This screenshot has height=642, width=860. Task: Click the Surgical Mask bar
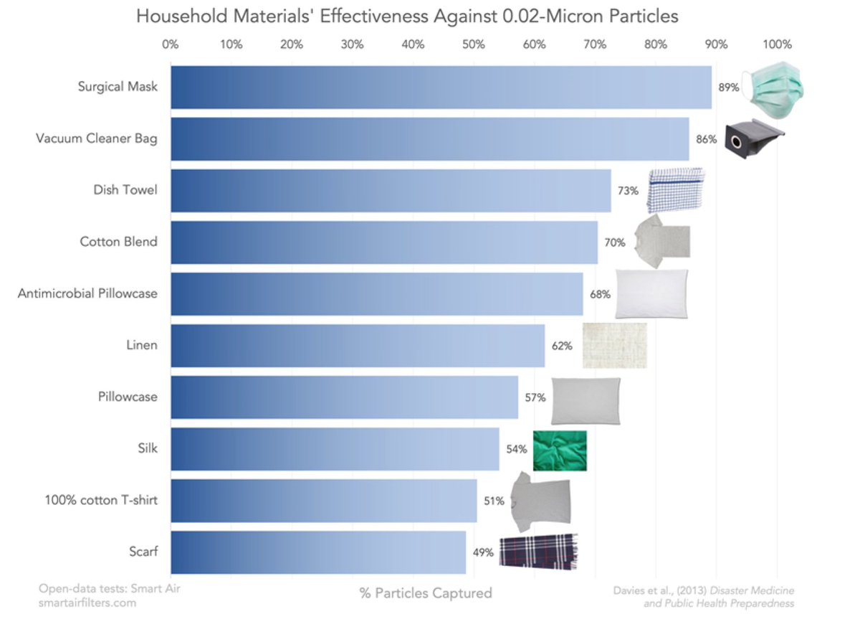point(441,88)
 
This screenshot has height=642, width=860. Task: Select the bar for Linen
point(358,346)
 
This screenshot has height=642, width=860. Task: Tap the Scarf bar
point(318,552)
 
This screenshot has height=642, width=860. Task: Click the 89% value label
point(728,88)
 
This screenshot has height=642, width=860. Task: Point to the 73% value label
point(628,191)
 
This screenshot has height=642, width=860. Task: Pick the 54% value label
point(516,449)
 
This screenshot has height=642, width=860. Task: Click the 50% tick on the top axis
point(474,44)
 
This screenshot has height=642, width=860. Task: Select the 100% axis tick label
point(777,44)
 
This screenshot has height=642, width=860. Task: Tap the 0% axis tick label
point(171,44)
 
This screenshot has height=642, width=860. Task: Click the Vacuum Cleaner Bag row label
point(97,138)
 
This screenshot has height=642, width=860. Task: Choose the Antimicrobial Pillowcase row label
point(87,293)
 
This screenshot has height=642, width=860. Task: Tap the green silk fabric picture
point(560,450)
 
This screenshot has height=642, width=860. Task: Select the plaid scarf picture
point(538,551)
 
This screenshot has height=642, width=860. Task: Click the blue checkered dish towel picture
point(675,189)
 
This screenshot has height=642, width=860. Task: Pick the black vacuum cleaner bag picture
point(752,140)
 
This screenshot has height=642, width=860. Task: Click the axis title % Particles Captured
point(426,593)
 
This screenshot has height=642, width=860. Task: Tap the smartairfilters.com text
point(87,603)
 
